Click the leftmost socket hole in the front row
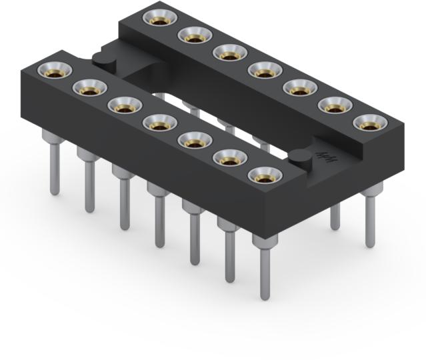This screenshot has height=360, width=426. click(53, 69)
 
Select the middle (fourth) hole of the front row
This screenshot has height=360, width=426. click(159, 123)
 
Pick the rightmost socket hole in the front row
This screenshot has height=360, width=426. click(265, 176)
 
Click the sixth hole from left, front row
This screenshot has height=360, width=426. click(229, 159)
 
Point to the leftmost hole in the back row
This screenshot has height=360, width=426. click(159, 19)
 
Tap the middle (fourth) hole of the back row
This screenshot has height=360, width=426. click(264, 69)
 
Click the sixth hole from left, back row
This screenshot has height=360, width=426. click(334, 105)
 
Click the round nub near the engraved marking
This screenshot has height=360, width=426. click(301, 158)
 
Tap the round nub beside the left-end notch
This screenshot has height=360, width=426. click(103, 59)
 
